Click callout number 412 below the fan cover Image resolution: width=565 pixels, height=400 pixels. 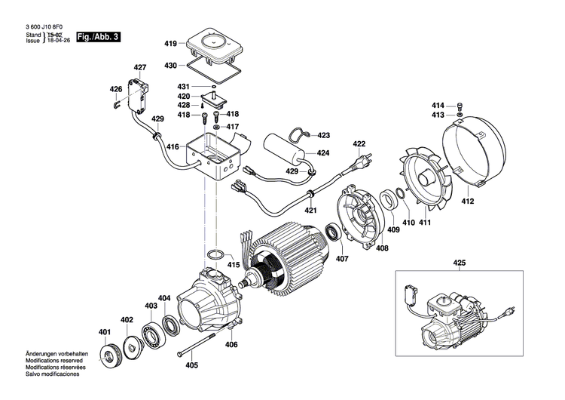coord(468,202)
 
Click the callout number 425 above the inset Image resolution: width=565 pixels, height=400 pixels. coord(460,263)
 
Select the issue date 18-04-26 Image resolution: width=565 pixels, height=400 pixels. coord(60,41)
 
